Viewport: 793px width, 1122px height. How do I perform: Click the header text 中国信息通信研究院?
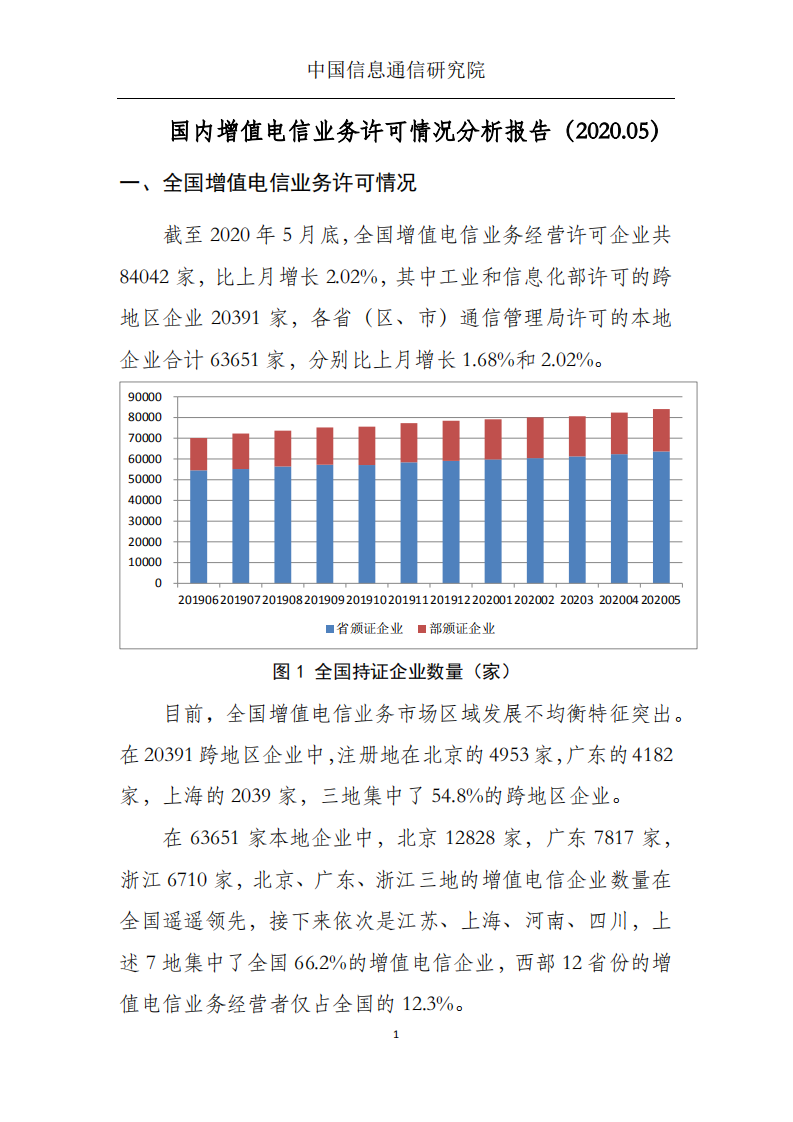396,70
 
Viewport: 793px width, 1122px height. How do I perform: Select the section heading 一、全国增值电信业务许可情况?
268,184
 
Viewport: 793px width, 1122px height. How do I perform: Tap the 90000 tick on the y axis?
146,396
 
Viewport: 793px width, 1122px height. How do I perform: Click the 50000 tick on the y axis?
146,479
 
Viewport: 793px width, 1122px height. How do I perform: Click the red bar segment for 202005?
661,430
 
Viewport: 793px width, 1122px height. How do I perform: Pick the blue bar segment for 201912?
451,521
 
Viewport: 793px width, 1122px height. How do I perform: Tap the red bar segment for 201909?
324,446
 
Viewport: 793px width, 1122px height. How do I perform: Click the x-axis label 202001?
492,600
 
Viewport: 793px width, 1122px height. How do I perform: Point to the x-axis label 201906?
198,600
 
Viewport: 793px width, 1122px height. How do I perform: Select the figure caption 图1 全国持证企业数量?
396,671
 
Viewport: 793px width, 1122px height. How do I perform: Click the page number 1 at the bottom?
397,1034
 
